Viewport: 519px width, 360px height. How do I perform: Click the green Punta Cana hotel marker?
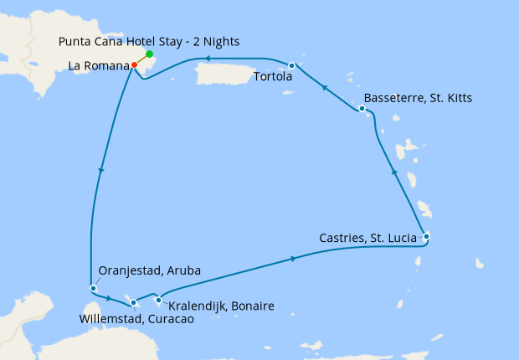tap(150, 54)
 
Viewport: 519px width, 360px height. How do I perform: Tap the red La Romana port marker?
tap(134, 64)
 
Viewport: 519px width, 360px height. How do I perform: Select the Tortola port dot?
tap(291, 65)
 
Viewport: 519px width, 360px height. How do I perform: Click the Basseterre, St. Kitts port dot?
tap(362, 109)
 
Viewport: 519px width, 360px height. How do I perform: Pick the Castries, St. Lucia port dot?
tap(426, 236)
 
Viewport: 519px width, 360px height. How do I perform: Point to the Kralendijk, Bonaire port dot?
tap(158, 299)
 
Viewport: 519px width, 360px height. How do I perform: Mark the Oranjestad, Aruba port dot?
tap(93, 289)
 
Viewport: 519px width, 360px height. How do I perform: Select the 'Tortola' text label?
tap(272, 78)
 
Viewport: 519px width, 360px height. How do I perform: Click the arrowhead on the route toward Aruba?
tap(100, 171)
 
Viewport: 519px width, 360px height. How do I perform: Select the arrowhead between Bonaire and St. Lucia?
tap(293, 260)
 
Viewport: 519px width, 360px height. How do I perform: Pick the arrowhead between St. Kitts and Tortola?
tap(323, 85)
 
